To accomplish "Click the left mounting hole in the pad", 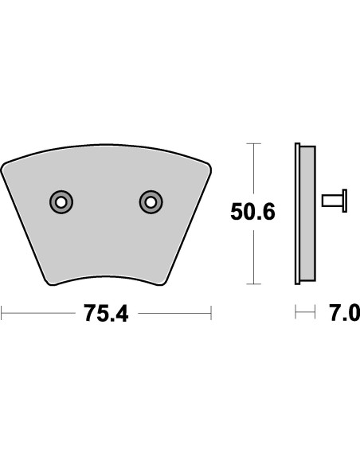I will click(61, 202).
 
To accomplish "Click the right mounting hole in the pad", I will click(149, 202).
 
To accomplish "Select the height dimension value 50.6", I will click(252, 213).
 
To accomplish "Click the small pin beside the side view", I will click(335, 201).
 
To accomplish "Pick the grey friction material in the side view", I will click(307, 213).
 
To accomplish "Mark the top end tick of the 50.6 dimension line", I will click(252, 143).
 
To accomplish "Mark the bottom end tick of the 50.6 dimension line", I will click(252, 283).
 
